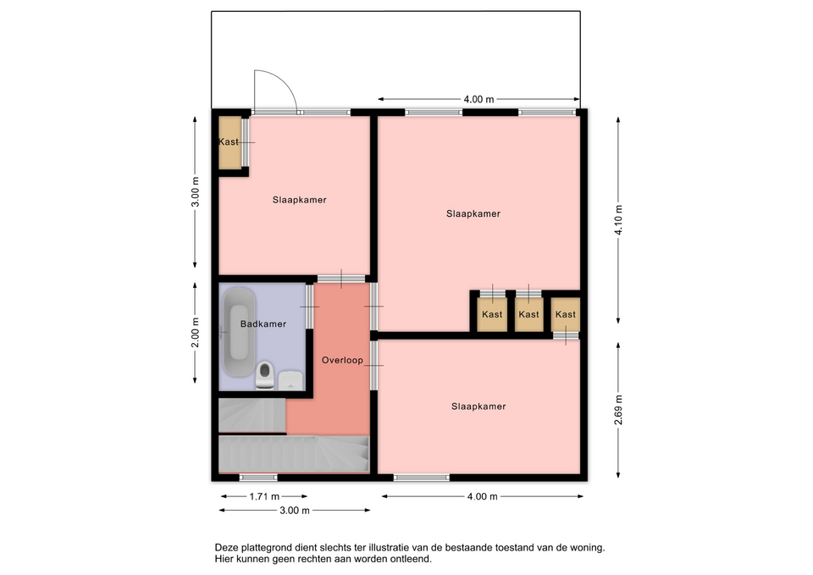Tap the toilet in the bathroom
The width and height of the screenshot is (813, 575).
(x=264, y=375)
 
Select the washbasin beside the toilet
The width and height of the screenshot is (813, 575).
(x=290, y=379)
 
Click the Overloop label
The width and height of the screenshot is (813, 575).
(x=342, y=361)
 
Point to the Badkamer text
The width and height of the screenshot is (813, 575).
(x=263, y=324)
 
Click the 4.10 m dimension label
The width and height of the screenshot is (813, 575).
(x=618, y=220)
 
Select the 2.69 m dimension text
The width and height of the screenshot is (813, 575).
(x=618, y=410)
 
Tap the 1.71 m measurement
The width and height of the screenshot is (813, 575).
(x=264, y=497)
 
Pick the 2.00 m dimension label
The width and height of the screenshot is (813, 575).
(x=195, y=332)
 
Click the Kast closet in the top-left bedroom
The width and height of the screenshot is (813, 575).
(x=230, y=142)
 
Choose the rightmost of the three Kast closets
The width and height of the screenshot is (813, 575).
(x=565, y=314)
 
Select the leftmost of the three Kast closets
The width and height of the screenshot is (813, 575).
(x=492, y=314)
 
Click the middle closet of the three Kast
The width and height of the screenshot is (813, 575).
(x=528, y=314)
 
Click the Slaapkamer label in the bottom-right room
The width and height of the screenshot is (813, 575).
(x=478, y=406)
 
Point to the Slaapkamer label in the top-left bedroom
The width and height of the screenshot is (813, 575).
(x=299, y=200)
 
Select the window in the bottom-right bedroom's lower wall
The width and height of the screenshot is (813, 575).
(x=422, y=478)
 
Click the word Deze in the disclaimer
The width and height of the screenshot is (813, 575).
(x=226, y=548)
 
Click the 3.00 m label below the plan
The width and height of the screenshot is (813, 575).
(x=295, y=511)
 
